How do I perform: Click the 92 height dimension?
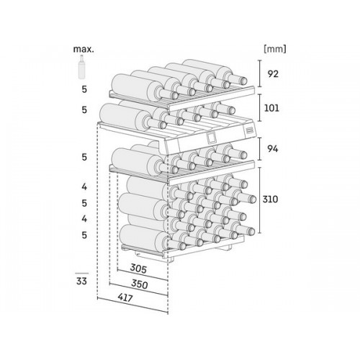(273, 74)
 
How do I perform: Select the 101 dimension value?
(271, 108)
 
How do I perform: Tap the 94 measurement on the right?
(273, 149)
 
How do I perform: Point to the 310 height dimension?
(270, 199)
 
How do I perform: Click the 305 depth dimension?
(138, 269)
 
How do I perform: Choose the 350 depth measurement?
(140, 284)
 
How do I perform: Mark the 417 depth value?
(125, 298)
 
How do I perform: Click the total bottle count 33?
(81, 281)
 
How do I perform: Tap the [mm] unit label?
(275, 49)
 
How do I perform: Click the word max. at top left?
(84, 49)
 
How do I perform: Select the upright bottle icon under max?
(82, 67)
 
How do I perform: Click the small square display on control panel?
(211, 138)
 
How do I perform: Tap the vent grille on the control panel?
(248, 130)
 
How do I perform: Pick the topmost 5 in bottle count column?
(84, 89)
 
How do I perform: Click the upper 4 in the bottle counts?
(84, 186)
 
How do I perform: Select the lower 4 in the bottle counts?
(84, 219)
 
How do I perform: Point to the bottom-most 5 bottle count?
(84, 235)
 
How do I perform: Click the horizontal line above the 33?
(81, 273)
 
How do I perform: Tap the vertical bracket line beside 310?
(259, 200)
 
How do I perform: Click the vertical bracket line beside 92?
(260, 73)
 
